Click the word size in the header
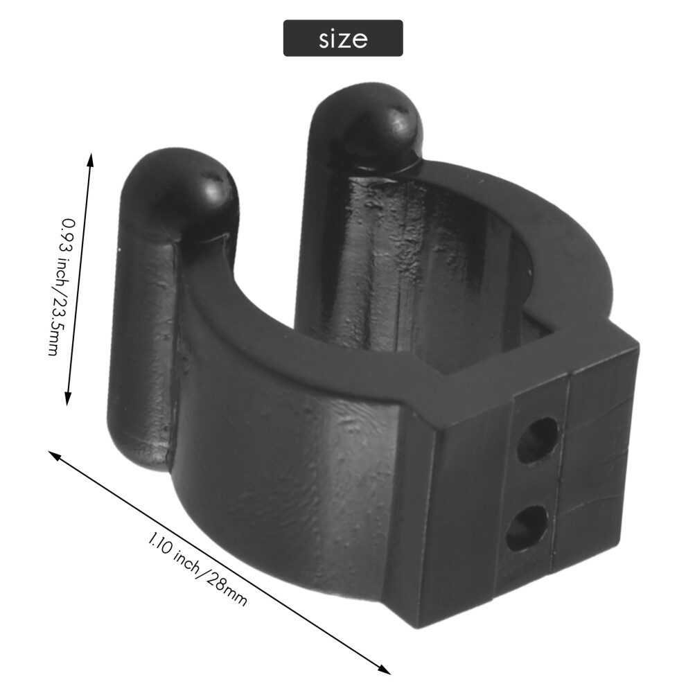[343, 39]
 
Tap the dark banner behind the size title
[343, 38]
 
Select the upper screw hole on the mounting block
[538, 439]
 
